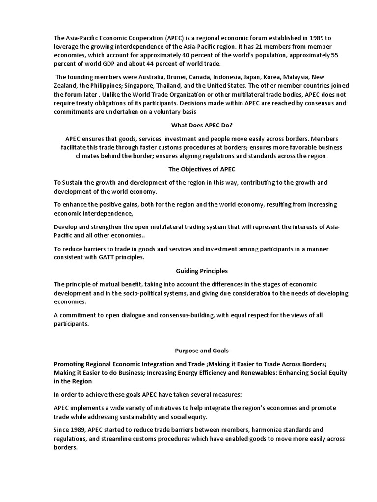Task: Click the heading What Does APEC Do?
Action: (x=202, y=125)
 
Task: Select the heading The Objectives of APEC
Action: (x=202, y=169)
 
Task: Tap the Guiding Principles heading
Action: (x=202, y=271)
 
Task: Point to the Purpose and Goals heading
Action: (x=202, y=351)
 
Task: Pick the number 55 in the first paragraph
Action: (x=334, y=55)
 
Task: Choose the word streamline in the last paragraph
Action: (x=108, y=439)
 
